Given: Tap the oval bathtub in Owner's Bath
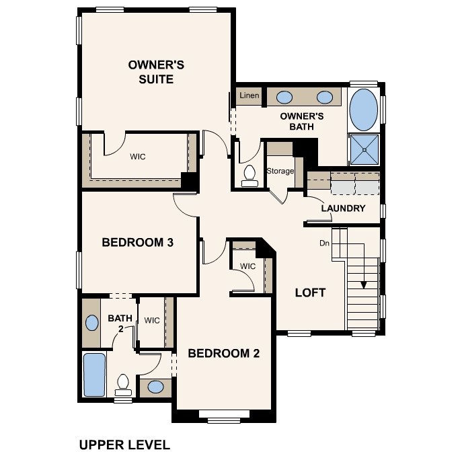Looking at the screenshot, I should pos(364,110).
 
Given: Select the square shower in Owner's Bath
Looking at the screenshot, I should pos(364,149).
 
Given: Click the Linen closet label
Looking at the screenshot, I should pos(249,96).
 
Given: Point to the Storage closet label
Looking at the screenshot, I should pos(280,171).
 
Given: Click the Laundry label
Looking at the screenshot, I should pos(342,208).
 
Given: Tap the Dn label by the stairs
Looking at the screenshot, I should pos(324,243).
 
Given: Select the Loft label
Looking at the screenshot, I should pos(310,293).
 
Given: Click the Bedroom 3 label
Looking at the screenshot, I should pos(138,242).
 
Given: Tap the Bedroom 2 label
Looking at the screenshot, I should pos(223,353).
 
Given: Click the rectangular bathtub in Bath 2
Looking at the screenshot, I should pos(94,374).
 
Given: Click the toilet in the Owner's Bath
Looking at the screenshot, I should pos(249,174).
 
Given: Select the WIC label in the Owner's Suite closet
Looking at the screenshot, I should pos(138,157).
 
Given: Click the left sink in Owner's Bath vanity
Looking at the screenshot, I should pos(284,96).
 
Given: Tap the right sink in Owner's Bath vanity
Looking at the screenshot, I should pos(325,96).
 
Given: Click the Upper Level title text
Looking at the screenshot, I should pos(124,445).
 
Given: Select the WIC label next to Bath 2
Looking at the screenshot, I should pos(152,320).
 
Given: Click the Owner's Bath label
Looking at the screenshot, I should pos(302,121).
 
